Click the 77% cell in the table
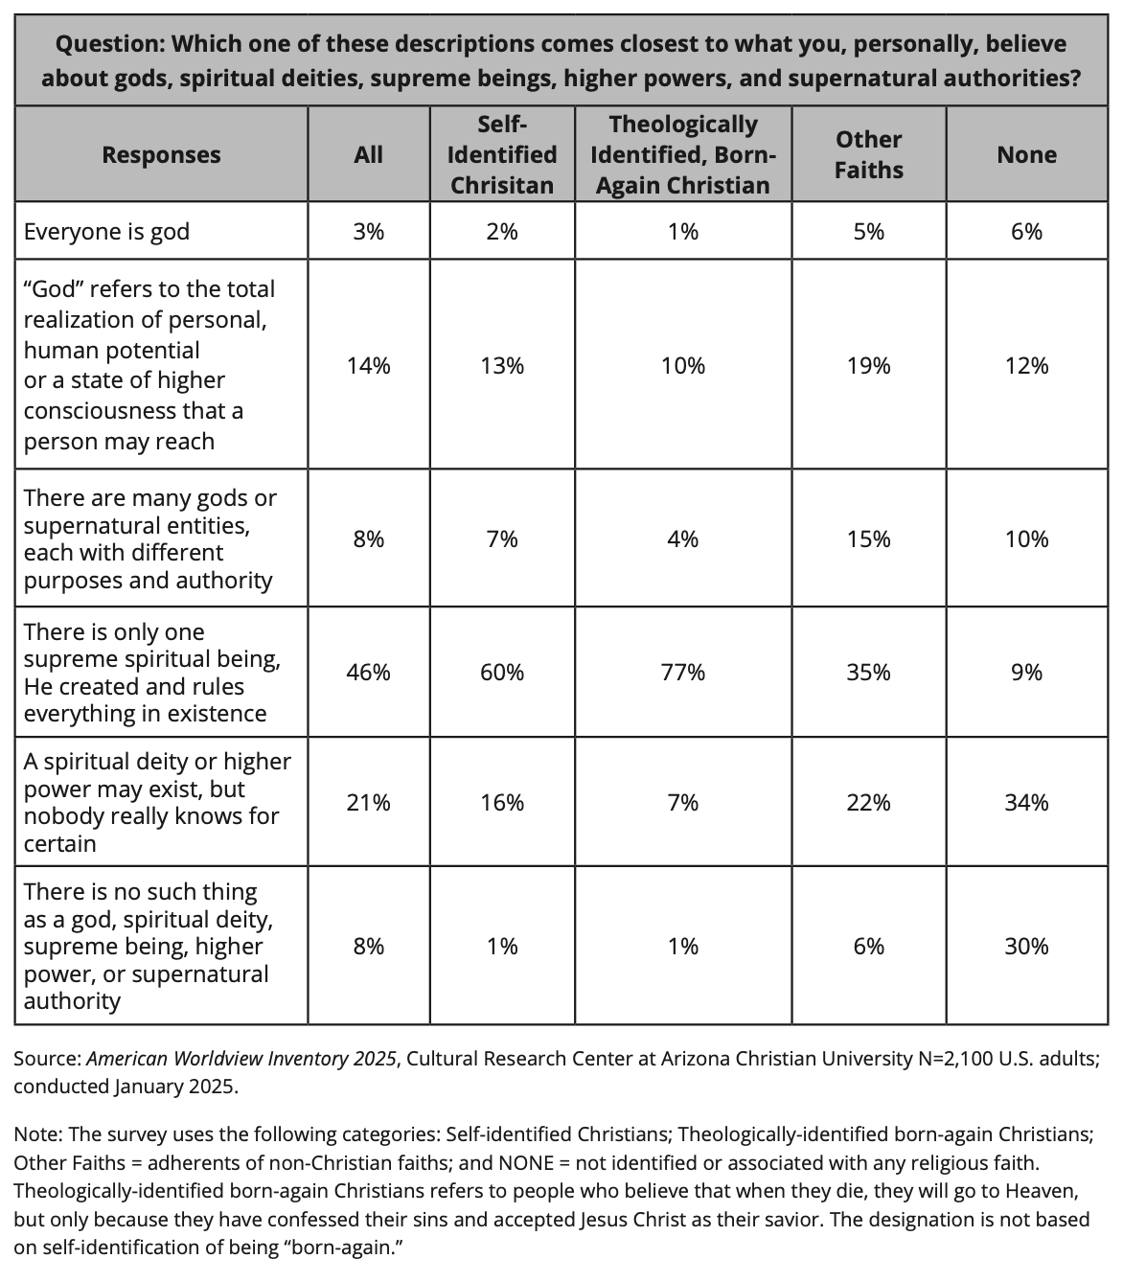tap(682, 673)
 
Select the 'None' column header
tap(1026, 155)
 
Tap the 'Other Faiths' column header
tap(868, 154)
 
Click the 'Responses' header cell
tap(161, 155)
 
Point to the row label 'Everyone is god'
tap(106, 232)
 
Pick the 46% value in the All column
tap(368, 673)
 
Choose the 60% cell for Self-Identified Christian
tap(502, 673)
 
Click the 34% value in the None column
tap(1026, 803)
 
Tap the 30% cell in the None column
tap(1026, 947)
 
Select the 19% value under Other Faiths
tap(868, 366)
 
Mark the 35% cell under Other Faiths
tap(868, 673)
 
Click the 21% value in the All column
tap(368, 803)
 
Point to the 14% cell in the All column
tap(368, 366)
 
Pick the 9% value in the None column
tap(1026, 673)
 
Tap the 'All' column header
tap(368, 155)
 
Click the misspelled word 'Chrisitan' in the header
tap(502, 185)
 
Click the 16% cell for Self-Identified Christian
tap(502, 803)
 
